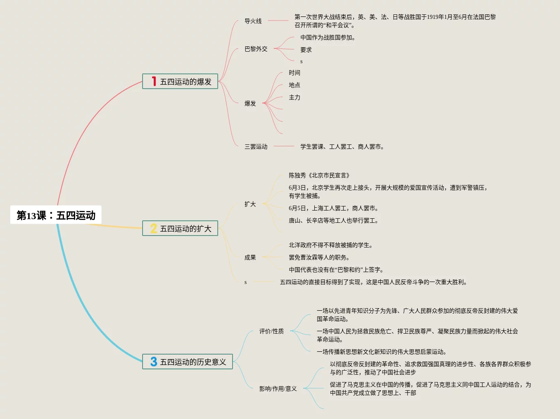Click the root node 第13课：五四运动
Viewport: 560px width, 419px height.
[x=56, y=215]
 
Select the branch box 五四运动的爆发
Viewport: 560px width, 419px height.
[x=180, y=81]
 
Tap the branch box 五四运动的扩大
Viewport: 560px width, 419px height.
[x=180, y=228]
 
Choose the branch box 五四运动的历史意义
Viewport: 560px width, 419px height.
[x=187, y=362]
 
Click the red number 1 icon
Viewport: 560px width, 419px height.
[x=154, y=81]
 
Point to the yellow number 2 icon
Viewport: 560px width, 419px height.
[x=154, y=228]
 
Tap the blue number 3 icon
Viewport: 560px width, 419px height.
[x=154, y=362]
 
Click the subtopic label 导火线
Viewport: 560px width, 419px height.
[x=253, y=21]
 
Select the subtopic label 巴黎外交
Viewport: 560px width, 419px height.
[x=256, y=49]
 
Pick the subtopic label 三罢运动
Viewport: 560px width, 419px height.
[x=256, y=147]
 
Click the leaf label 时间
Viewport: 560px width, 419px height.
[x=294, y=73]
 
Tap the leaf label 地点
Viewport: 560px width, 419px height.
[x=294, y=85]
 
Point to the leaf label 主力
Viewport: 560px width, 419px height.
[x=294, y=97]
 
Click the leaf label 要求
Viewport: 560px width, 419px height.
[x=306, y=50]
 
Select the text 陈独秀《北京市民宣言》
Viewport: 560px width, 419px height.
[x=319, y=175]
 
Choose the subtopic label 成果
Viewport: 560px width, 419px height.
[x=250, y=257]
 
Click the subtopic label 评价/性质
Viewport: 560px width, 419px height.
[x=271, y=331]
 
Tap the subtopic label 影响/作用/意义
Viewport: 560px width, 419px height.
[x=278, y=389]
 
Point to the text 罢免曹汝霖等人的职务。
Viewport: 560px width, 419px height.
[x=319, y=257]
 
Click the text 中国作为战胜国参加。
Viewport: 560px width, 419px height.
[x=328, y=37]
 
